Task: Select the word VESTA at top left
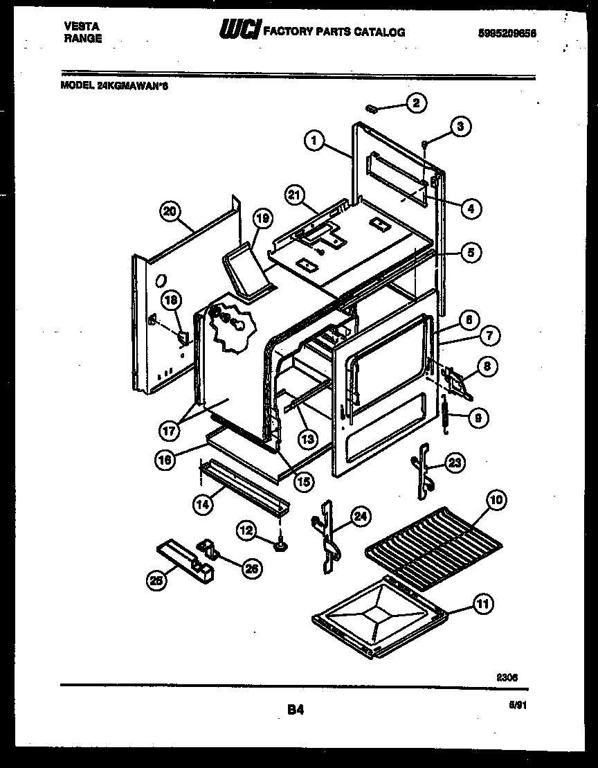point(81,26)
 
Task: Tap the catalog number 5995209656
point(508,33)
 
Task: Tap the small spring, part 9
point(445,416)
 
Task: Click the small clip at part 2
point(372,108)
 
